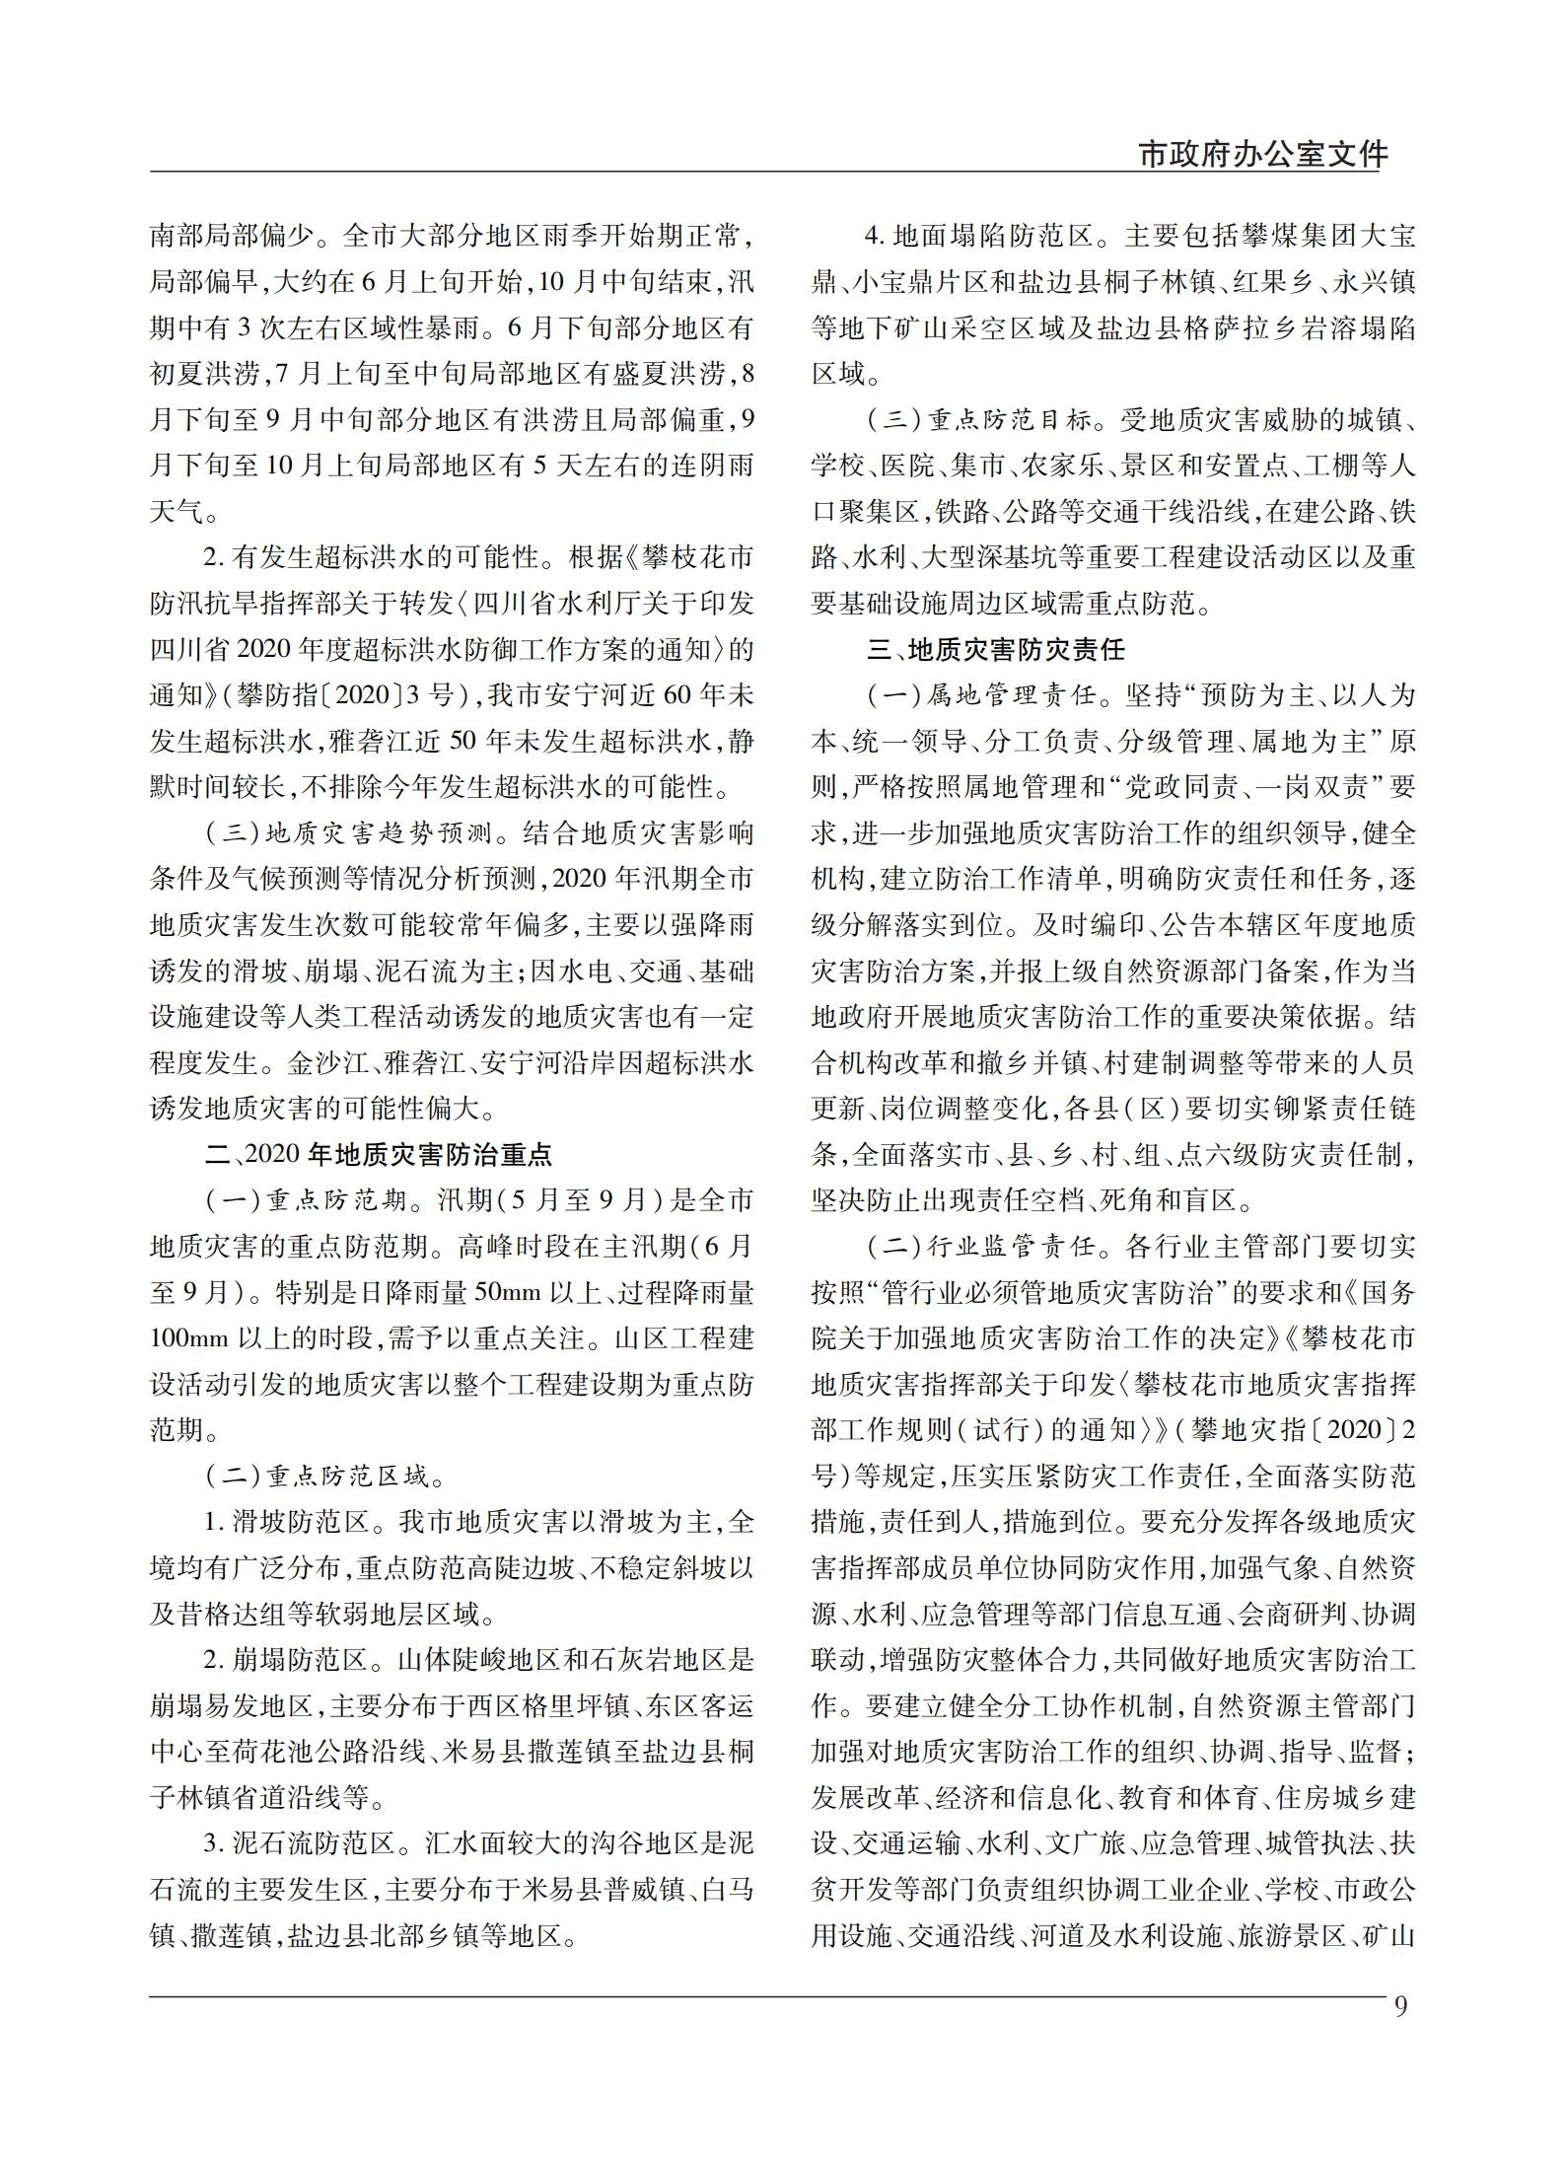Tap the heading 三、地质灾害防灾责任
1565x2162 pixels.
click(x=996, y=649)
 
